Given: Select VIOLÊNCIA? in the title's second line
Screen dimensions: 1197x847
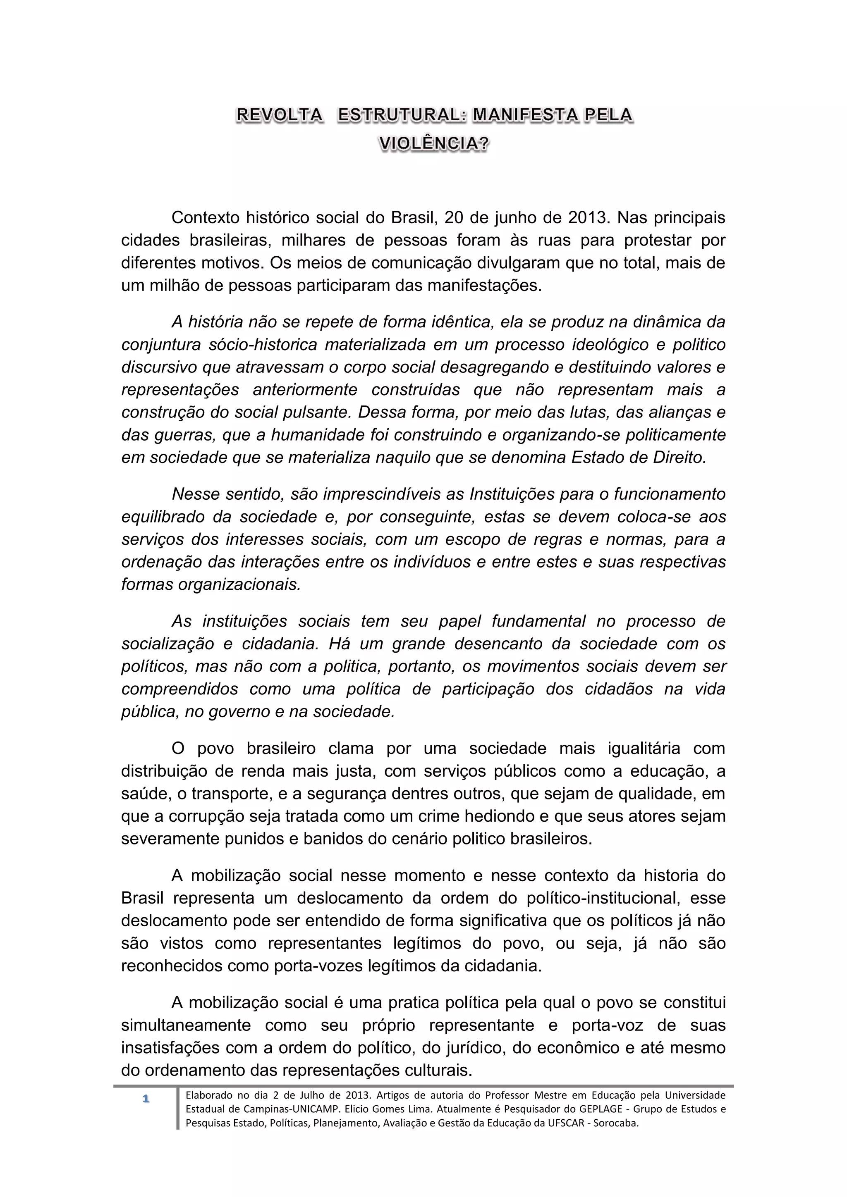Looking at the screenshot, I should click(x=434, y=143).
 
